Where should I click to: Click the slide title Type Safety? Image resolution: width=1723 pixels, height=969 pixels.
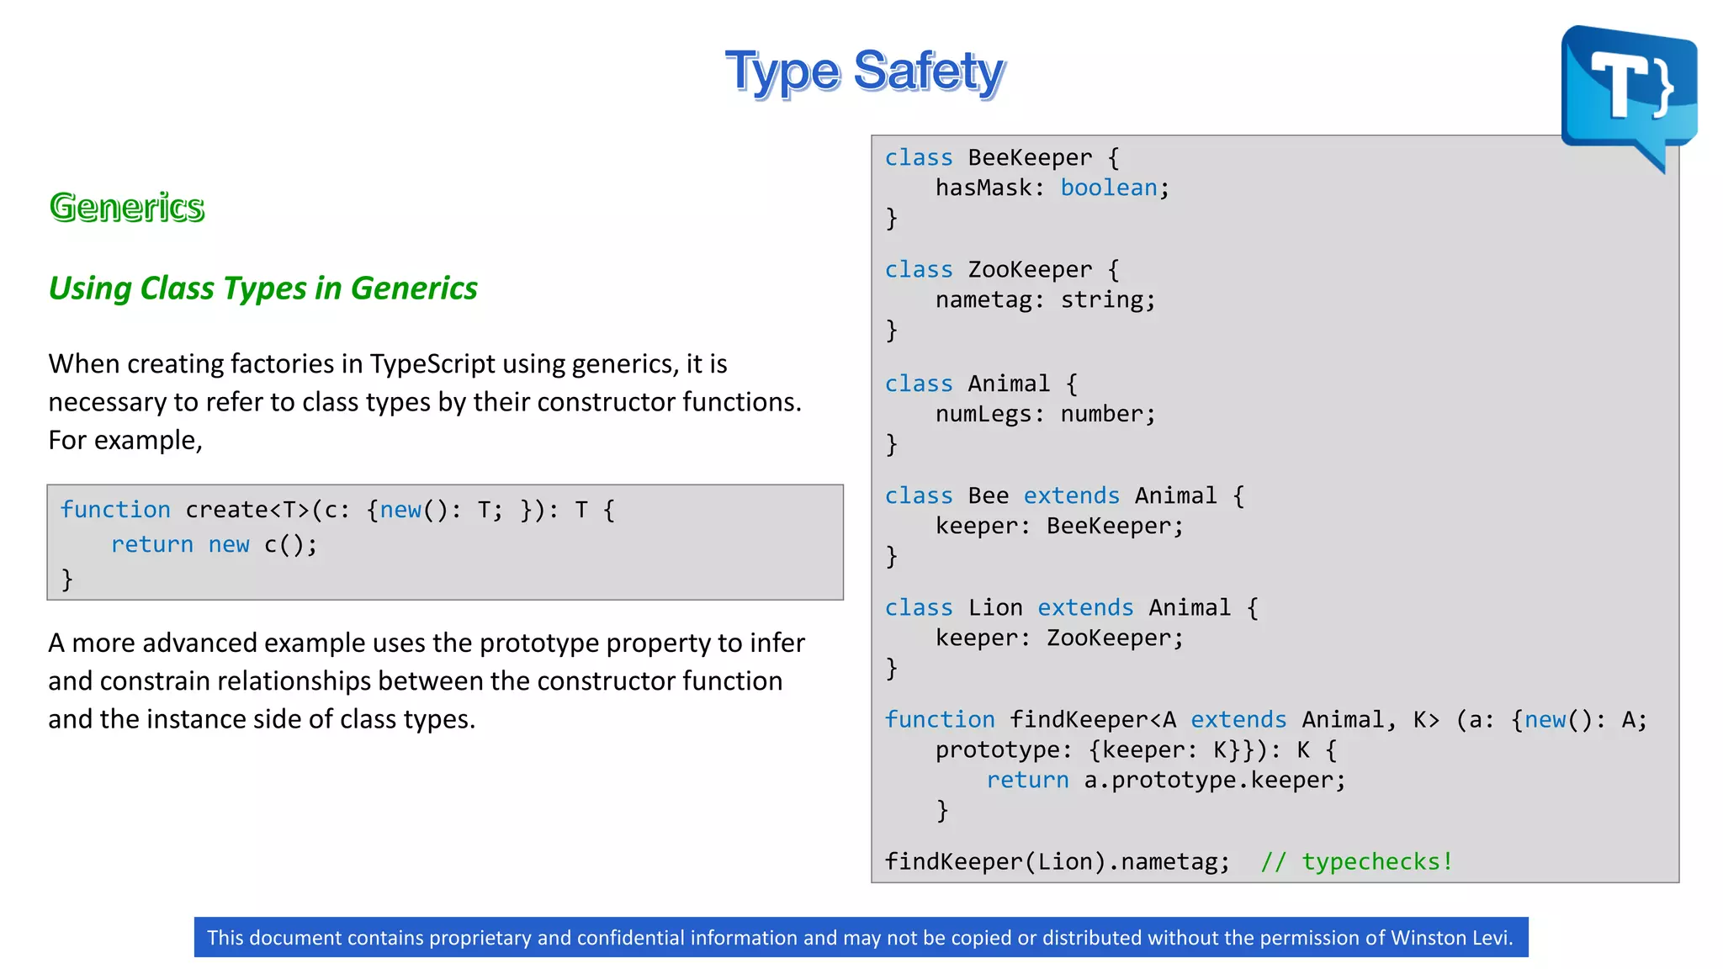click(x=865, y=71)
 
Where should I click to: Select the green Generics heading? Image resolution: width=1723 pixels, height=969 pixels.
click(x=127, y=207)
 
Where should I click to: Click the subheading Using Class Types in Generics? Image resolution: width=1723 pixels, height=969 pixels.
click(x=262, y=289)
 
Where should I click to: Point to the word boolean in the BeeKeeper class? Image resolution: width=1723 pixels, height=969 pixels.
click(x=1109, y=188)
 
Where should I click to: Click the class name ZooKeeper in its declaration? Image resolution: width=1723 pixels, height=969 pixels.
click(x=1030, y=270)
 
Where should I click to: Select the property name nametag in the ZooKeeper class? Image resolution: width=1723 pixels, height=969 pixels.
click(x=983, y=300)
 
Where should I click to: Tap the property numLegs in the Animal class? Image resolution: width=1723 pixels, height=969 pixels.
click(x=983, y=414)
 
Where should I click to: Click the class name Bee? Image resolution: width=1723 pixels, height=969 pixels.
click(x=989, y=496)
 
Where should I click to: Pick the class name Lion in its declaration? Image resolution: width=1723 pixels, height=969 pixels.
click(x=995, y=608)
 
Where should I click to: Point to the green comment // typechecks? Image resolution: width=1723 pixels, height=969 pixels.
click(x=1356, y=862)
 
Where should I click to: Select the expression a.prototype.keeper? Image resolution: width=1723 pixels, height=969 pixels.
click(x=1215, y=781)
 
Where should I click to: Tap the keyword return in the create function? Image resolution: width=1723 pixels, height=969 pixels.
click(x=152, y=545)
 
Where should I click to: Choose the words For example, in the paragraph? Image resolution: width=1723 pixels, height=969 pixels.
click(x=125, y=441)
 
